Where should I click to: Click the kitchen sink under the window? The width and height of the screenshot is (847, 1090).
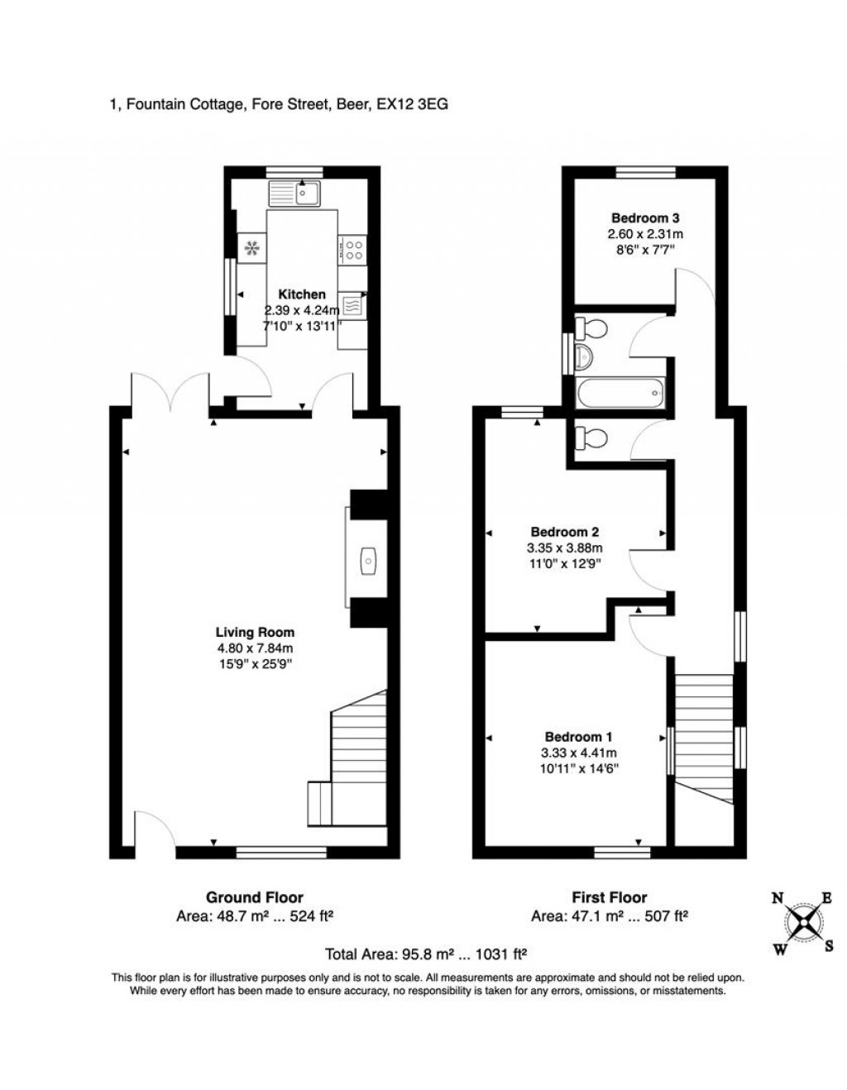(294, 194)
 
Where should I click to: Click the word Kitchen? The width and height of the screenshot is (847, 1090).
(301, 294)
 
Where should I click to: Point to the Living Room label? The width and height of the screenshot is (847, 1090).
(255, 633)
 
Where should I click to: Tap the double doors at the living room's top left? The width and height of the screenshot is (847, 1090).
(170, 392)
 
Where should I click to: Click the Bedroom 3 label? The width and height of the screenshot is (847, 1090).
(645, 218)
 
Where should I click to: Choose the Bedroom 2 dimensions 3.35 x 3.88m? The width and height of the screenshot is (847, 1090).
(565, 547)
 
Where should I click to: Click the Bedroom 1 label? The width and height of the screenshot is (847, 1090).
(578, 737)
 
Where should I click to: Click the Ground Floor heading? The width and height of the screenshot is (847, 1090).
(254, 897)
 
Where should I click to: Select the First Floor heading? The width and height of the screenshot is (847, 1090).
(610, 897)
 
